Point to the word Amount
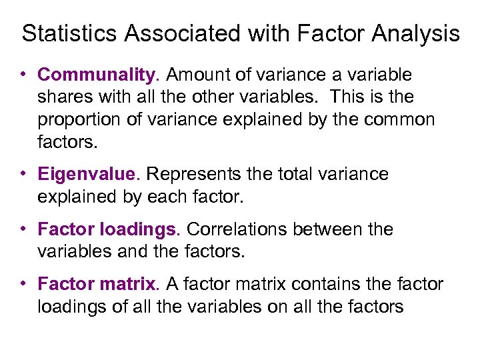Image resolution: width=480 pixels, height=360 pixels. click(x=195, y=75)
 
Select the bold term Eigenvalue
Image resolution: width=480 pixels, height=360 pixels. click(x=86, y=175)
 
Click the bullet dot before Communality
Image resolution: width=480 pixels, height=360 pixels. click(x=23, y=73)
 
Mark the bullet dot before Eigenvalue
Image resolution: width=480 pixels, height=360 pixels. click(x=23, y=173)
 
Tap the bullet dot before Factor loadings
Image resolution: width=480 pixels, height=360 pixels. click(x=23, y=228)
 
